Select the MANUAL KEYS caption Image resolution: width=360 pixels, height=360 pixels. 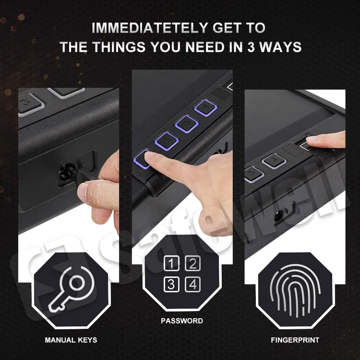coord(71,340)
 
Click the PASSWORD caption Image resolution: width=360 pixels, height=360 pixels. coord(182,321)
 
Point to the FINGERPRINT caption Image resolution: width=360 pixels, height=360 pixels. coord(295,340)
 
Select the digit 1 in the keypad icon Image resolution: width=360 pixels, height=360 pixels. coord(171,263)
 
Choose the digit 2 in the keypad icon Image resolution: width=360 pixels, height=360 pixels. coord(192,263)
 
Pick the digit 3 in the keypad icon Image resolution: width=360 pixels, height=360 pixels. coord(171,284)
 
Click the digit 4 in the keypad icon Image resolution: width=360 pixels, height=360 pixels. coord(192,284)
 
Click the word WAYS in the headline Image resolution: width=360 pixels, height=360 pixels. coord(284,47)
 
